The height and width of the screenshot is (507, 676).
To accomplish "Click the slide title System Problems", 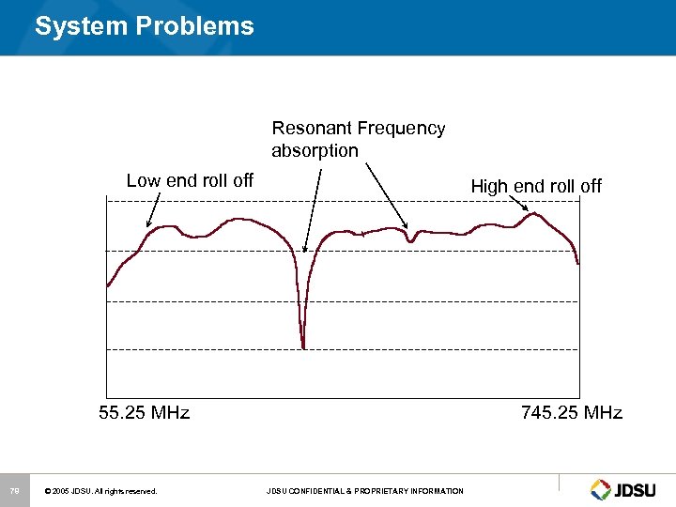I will (x=144, y=25).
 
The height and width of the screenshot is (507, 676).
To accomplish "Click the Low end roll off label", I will (x=190, y=180).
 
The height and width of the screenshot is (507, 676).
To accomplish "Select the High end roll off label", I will (x=535, y=186).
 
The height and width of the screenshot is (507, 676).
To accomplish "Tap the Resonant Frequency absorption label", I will (x=358, y=139).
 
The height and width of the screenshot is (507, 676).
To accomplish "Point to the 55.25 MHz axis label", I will (x=144, y=412).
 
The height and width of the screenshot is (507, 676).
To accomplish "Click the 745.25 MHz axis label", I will (x=571, y=412).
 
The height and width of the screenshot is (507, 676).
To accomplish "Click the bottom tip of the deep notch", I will (x=302, y=346).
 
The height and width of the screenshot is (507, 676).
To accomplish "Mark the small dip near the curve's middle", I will (x=410, y=240).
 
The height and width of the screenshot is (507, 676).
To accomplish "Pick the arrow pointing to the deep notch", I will (x=314, y=211).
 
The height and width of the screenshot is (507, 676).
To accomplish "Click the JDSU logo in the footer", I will (x=623, y=489).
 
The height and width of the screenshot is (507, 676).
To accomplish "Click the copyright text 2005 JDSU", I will (x=100, y=491).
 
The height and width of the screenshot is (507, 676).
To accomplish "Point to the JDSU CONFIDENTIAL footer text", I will (x=364, y=491).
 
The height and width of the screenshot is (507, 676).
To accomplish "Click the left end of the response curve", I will (x=109, y=284).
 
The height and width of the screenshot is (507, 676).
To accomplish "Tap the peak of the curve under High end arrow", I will (x=533, y=214).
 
